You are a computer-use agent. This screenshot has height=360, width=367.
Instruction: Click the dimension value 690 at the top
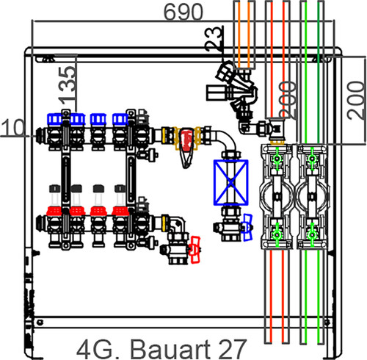click(x=183, y=12)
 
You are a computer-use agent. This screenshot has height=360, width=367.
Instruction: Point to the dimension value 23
click(x=214, y=39)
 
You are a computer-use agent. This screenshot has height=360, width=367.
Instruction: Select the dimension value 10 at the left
click(x=12, y=128)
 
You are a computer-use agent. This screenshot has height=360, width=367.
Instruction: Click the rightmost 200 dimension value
click(x=356, y=101)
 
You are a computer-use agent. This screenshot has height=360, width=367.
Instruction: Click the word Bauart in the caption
click(x=170, y=349)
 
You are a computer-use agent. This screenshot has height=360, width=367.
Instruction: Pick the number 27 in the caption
click(x=230, y=349)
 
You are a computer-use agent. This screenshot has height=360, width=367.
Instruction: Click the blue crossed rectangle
click(x=231, y=182)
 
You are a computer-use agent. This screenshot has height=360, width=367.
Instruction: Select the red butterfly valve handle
click(x=195, y=250)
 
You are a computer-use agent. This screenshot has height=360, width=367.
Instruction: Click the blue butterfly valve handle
click(x=247, y=228)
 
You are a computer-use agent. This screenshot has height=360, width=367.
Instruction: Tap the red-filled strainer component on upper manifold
click(x=186, y=140)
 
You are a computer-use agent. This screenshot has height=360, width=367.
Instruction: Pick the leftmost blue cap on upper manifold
click(x=55, y=119)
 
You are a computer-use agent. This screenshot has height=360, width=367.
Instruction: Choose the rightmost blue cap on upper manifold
click(x=120, y=119)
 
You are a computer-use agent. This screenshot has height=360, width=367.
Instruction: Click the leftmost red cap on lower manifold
click(x=54, y=211)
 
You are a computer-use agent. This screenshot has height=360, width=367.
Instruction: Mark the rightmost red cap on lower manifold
click(x=120, y=211)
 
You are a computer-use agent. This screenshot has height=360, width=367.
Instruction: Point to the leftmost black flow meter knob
click(x=54, y=189)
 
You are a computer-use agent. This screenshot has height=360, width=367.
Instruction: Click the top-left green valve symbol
click(x=277, y=159)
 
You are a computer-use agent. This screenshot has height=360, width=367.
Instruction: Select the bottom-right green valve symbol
click(x=312, y=235)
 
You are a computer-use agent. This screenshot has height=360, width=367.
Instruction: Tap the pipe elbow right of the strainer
click(x=227, y=140)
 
